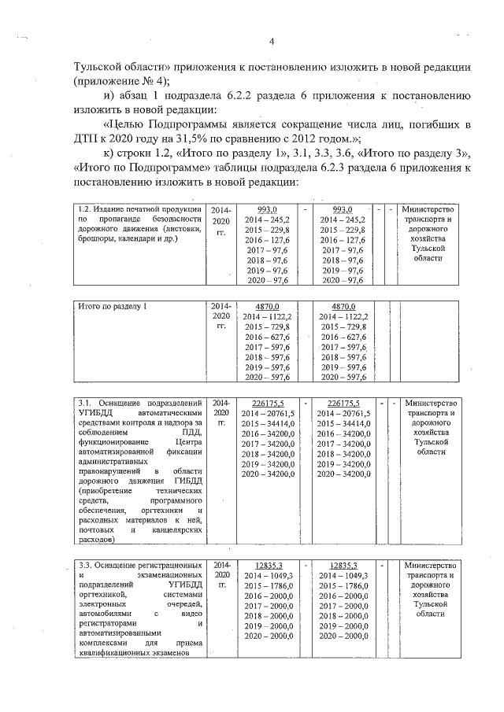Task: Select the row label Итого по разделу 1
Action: click(114, 305)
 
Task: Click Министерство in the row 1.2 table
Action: click(428, 208)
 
